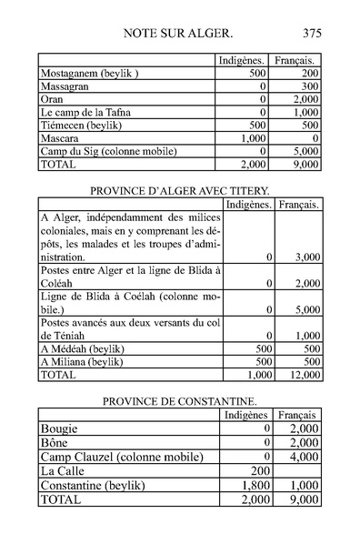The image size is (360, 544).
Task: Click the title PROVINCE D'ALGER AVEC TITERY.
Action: (181, 191)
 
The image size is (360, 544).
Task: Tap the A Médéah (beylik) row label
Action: (82, 348)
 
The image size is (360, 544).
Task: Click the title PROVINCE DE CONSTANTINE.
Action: (180, 401)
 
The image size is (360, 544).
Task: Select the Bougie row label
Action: (60, 427)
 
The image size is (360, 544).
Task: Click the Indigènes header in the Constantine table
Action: (247, 414)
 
